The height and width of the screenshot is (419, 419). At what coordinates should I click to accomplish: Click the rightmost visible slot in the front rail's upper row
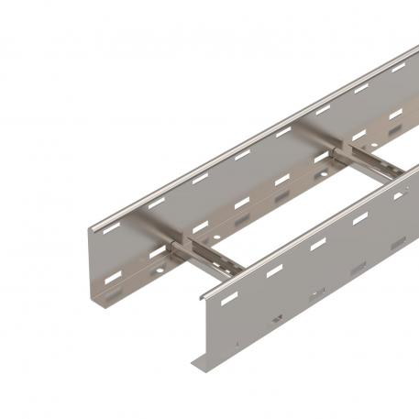(x=402, y=194)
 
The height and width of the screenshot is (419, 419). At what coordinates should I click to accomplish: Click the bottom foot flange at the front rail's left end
(x=204, y=362)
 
